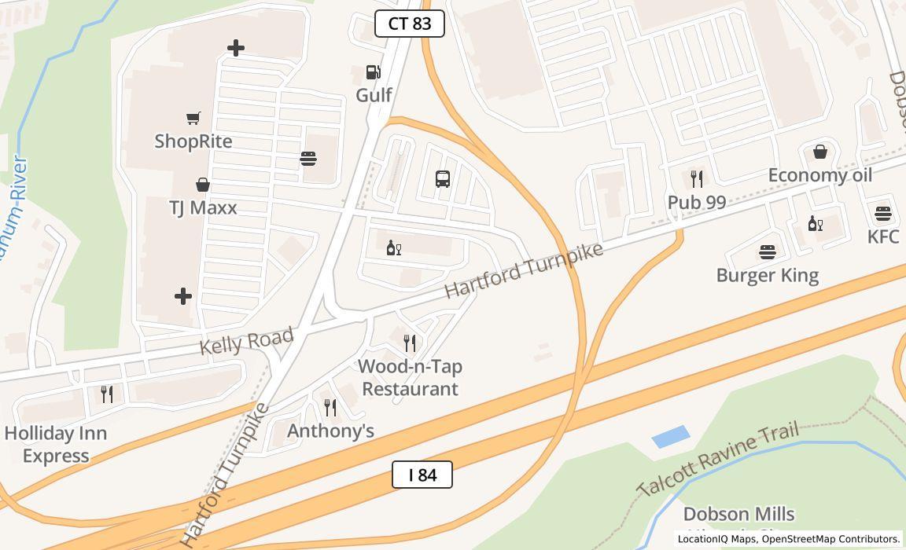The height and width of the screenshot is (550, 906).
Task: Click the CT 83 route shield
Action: point(410,24)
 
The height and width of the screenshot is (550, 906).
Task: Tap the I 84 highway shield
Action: point(422,475)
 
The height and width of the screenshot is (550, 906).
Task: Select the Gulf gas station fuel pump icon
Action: point(374,73)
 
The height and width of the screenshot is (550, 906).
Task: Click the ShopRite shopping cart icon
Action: point(193,119)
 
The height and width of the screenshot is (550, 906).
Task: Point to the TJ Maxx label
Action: point(203,208)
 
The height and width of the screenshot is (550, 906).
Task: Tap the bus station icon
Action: point(443,178)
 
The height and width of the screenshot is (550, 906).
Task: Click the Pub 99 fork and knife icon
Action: point(696,179)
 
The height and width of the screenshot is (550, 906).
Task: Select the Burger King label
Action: point(768,276)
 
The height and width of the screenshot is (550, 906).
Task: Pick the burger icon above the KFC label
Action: point(882,213)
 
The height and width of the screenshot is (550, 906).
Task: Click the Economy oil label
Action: point(820,175)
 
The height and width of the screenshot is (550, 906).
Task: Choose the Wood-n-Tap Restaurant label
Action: point(410,378)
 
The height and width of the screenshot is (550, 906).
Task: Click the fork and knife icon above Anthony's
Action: point(330,407)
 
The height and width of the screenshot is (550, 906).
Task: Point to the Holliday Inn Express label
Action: point(56,445)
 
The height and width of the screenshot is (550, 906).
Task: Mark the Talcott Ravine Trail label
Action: point(718,458)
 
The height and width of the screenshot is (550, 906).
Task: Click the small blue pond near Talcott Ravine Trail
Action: point(671,436)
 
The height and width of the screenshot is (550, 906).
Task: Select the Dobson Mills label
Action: point(738,515)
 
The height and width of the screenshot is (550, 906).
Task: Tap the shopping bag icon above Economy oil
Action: point(820,152)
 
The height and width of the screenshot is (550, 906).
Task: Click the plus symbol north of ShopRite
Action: point(235,48)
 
